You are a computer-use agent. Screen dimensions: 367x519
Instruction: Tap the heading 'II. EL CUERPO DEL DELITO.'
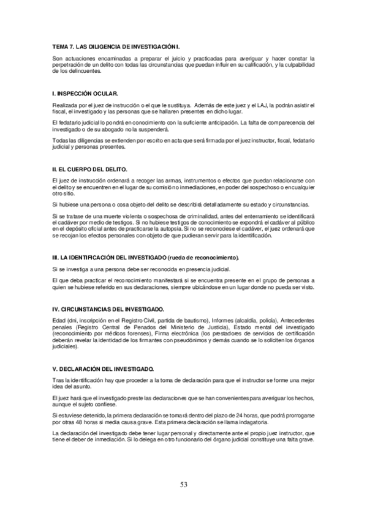coord(89,168)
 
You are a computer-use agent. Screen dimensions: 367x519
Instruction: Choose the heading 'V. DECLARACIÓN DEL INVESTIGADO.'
coord(102,369)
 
